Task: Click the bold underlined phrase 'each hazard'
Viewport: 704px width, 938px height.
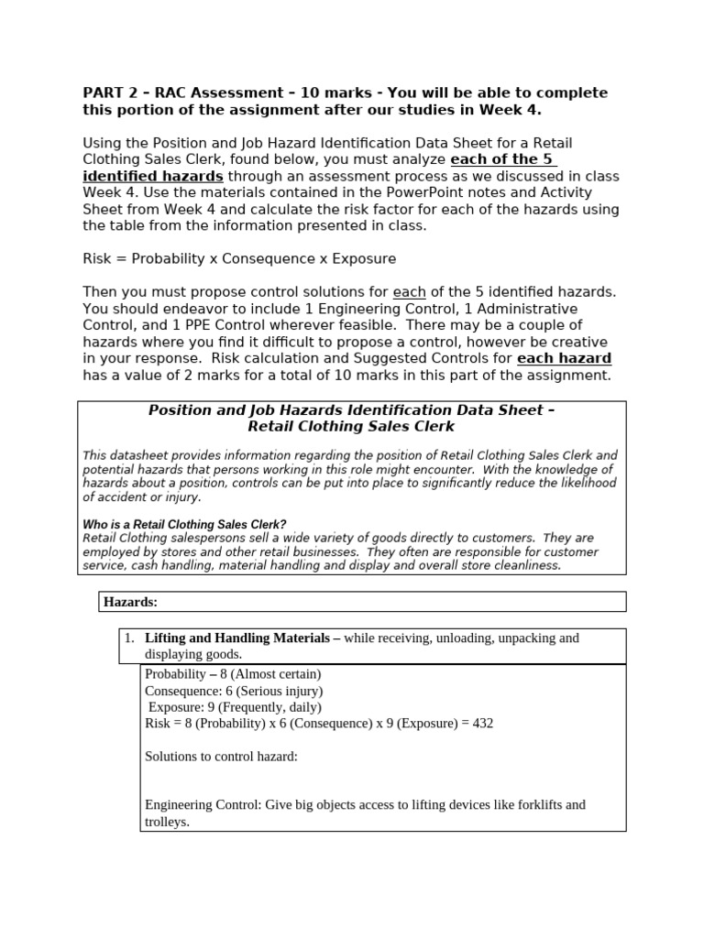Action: (565, 358)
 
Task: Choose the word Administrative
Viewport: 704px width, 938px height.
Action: (522, 309)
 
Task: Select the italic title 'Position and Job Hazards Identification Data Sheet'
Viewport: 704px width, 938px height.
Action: (351, 410)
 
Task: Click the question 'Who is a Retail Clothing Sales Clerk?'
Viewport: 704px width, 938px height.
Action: (184, 525)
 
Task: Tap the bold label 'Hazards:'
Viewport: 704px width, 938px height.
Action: (130, 602)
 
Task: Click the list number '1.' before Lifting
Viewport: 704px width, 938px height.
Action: (129, 638)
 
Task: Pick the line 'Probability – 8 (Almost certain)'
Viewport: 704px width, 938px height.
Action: (233, 674)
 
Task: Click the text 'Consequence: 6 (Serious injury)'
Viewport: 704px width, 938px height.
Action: (234, 691)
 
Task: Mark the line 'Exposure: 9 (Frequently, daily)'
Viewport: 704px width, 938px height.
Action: (235, 707)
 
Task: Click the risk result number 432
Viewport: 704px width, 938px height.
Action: (478, 724)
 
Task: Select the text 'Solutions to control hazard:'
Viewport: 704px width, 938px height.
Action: (221, 757)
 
